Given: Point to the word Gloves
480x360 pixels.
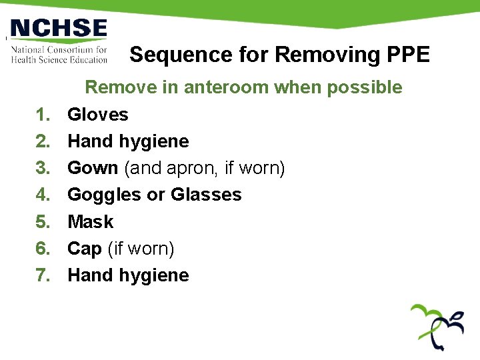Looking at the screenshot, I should (x=98, y=115).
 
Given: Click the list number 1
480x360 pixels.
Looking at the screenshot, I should (x=43, y=115).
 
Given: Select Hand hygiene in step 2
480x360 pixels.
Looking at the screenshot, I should (x=128, y=141).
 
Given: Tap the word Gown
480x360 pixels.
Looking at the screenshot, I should (x=93, y=168).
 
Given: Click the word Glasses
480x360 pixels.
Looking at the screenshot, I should (x=206, y=195).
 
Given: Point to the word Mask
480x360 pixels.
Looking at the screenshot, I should (x=91, y=221).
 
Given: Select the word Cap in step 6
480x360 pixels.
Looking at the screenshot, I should (x=84, y=249).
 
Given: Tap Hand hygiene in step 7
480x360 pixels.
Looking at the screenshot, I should (x=128, y=275).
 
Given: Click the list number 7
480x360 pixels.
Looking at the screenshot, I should (x=43, y=275).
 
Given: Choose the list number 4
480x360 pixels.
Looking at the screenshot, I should (x=43, y=195).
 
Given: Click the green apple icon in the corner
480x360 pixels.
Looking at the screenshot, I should (x=438, y=326).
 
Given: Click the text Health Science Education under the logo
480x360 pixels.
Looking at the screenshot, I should (x=59, y=59).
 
